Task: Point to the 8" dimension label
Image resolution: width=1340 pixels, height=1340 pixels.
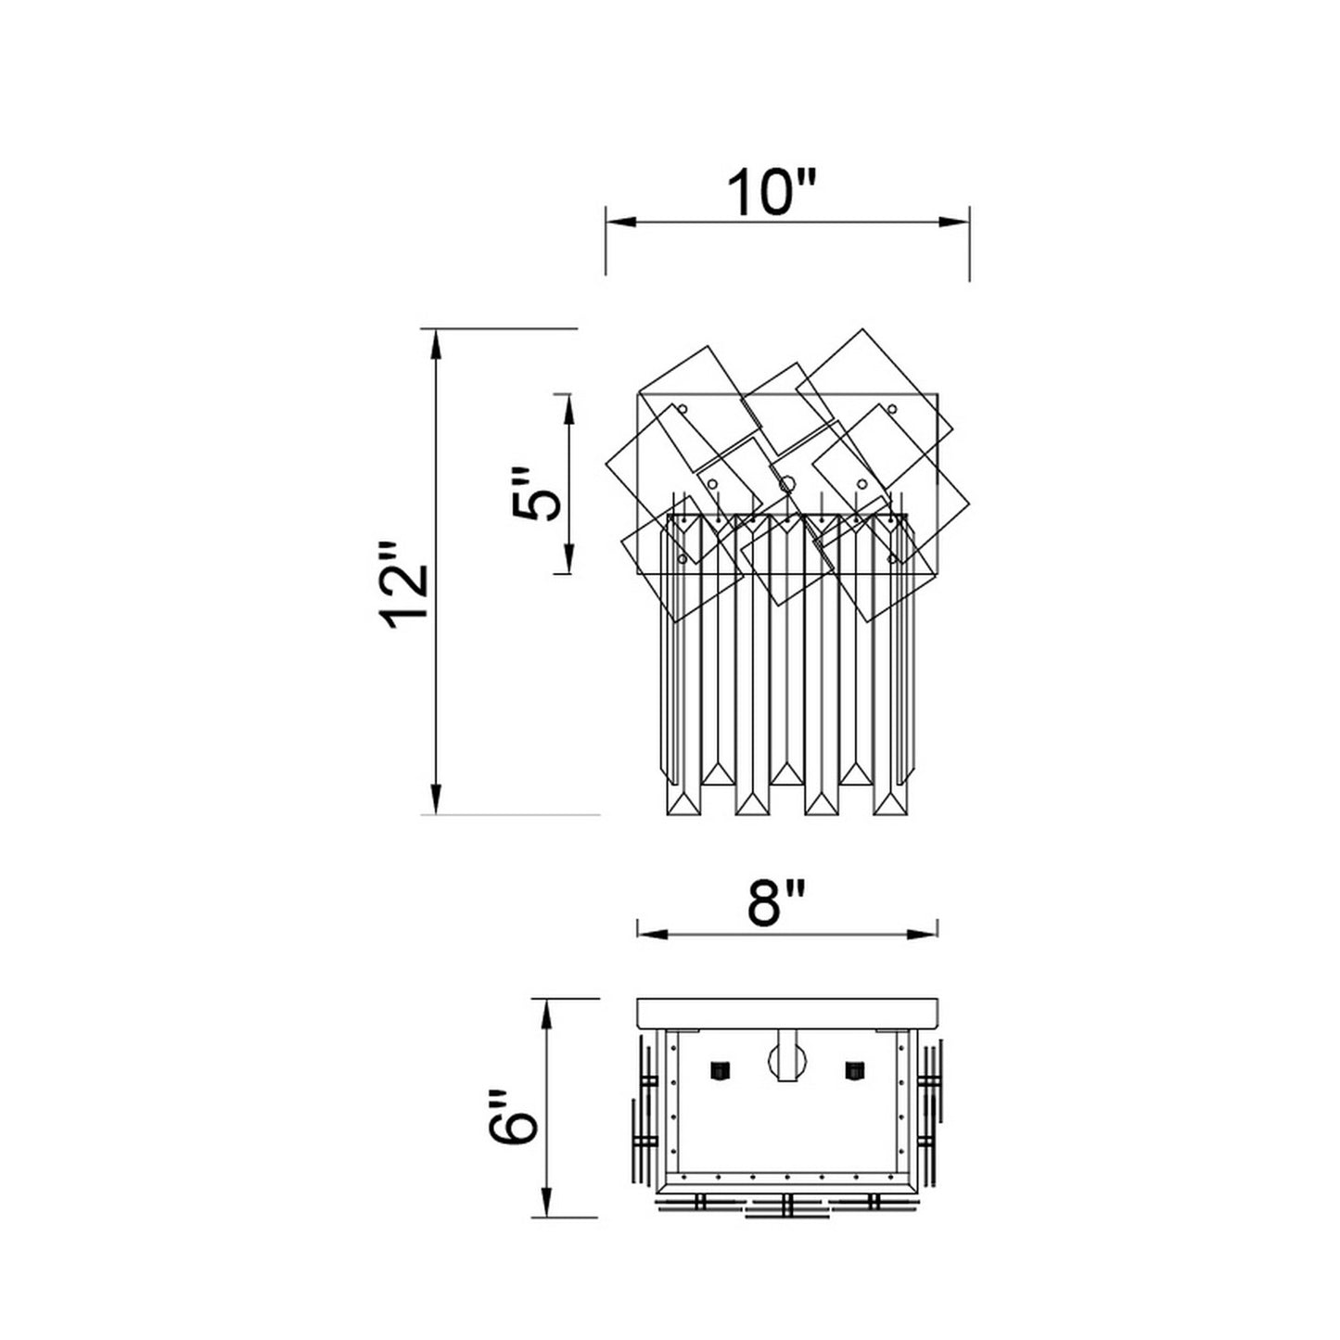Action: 777,902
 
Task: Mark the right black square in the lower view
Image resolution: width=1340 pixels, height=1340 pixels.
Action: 854,1070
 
